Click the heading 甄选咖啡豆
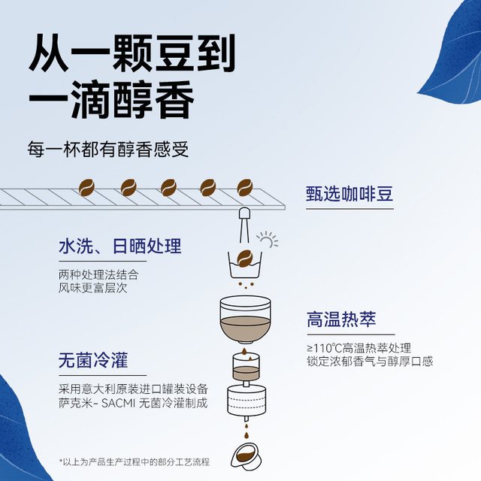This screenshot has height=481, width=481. pos(349,194)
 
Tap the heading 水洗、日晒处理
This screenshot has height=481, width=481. pos(120,246)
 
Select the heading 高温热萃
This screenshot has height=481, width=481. pos(341,319)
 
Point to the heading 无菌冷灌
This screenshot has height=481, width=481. pos(93,360)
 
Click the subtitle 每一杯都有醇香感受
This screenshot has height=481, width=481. pos(108,149)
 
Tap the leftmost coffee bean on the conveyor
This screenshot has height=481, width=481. pos(87,187)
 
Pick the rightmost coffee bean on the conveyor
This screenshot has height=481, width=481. pos(245,187)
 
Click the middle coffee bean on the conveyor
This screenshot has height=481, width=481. pos(169,187)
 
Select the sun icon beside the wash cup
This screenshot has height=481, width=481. pos(268,240)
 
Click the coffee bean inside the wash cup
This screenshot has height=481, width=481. pos(244,259)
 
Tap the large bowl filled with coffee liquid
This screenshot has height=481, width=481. pos(245,319)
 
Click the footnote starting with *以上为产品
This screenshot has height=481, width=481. pos(134,461)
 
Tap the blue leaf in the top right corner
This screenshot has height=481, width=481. pos(452,50)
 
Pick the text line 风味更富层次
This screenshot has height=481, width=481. pos(92,288)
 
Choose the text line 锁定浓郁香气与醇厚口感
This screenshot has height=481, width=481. pos(370,361)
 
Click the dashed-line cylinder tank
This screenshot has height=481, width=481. pos(247,399)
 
